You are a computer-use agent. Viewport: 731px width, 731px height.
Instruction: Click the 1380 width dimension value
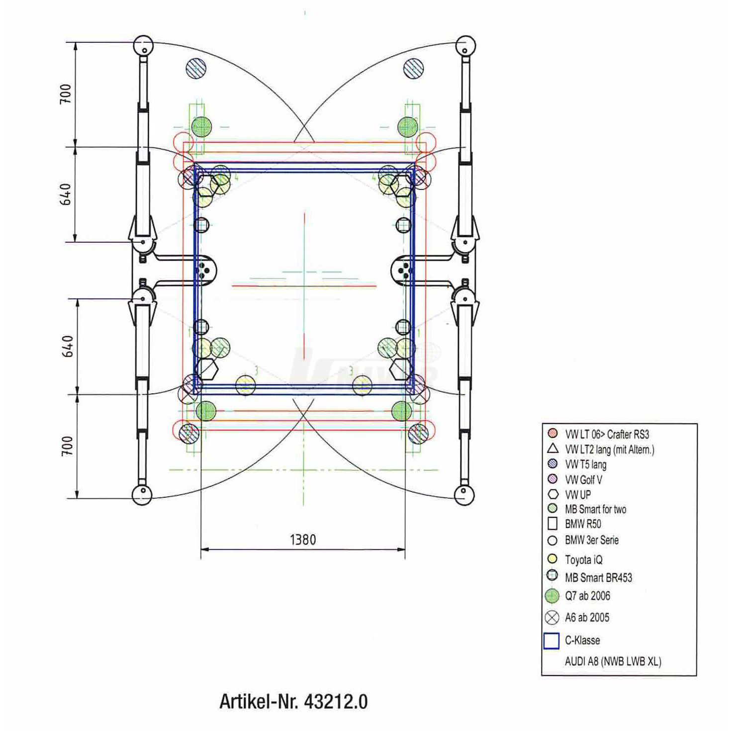[303, 540]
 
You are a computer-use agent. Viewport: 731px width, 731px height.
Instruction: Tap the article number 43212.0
[336, 702]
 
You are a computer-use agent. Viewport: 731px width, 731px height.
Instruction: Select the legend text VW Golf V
[583, 480]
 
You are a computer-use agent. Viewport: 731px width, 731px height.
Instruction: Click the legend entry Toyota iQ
[583, 559]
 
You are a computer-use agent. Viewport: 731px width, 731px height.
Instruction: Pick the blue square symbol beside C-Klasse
[551, 640]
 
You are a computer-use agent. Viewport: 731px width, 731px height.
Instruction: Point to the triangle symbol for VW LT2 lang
[552, 449]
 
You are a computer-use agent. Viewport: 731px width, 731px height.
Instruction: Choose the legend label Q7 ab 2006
[588, 596]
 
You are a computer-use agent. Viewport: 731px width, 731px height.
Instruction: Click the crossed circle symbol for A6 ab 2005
[552, 618]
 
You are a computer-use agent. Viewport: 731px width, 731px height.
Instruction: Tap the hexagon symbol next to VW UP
[553, 494]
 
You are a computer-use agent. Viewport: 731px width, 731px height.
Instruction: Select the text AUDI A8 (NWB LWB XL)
[613, 661]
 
